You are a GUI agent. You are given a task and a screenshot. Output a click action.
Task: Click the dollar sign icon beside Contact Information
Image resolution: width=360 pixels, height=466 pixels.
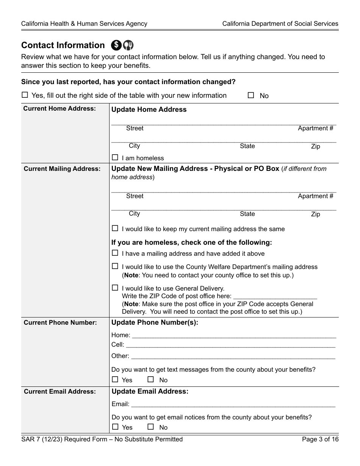[x=116, y=45]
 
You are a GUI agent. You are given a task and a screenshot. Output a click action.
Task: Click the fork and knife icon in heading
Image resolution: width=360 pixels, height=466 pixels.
[x=128, y=45]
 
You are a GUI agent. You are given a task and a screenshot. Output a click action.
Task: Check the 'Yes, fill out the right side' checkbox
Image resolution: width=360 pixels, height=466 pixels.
[x=25, y=95]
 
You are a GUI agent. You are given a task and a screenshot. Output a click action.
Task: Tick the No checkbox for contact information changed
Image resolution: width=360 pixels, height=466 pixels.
[x=250, y=95]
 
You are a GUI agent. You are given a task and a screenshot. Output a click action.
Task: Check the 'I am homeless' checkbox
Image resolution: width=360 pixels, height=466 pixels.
[x=115, y=158]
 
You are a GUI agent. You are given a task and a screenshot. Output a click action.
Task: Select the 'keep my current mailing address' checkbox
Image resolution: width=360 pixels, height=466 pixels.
[x=115, y=228]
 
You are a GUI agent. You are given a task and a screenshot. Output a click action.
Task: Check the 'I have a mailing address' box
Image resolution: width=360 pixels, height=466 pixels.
[x=115, y=253]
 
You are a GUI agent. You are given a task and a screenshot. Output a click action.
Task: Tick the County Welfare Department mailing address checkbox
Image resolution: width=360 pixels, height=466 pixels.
[x=115, y=266]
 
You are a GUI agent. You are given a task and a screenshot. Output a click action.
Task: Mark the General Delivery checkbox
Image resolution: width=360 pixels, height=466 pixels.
[x=115, y=288]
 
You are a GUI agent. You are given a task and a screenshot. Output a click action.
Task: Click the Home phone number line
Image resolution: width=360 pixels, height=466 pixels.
[x=233, y=335]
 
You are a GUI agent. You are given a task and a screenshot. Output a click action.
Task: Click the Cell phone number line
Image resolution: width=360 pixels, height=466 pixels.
[x=230, y=345]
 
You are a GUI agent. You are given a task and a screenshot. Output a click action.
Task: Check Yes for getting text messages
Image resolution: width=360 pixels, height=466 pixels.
[x=115, y=380]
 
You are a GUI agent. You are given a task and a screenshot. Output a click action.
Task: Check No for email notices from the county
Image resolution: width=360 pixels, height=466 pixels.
[x=151, y=427]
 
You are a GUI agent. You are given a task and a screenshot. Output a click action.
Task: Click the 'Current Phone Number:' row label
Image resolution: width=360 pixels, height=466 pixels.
[x=60, y=322]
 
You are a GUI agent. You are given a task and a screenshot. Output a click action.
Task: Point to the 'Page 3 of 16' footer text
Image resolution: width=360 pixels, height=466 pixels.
[x=320, y=439]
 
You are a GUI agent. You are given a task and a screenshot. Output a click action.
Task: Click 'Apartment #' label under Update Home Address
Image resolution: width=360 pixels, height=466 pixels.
[x=315, y=128]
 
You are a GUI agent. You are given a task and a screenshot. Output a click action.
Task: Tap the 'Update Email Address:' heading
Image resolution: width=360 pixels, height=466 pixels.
[x=150, y=391]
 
